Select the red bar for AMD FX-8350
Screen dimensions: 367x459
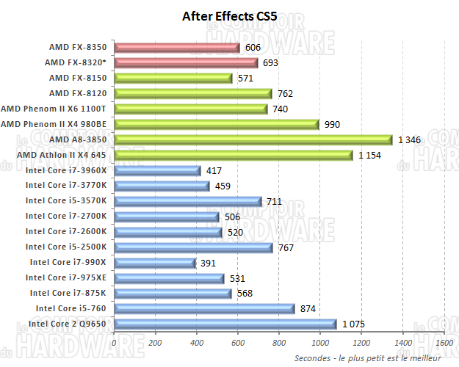(177, 48)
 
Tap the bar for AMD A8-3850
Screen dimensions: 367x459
(253, 139)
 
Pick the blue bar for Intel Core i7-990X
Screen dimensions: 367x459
(155, 263)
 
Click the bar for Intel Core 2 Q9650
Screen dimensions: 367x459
(225, 324)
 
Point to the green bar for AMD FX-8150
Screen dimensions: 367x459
(173, 79)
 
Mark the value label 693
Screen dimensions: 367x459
(270, 63)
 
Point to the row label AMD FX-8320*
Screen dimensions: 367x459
(76, 62)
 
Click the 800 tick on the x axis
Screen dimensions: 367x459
(279, 342)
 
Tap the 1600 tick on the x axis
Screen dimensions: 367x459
(444, 342)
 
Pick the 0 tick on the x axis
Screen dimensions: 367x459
(115, 342)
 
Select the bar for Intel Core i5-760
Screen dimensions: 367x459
(205, 309)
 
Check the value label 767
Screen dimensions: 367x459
(286, 247)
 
